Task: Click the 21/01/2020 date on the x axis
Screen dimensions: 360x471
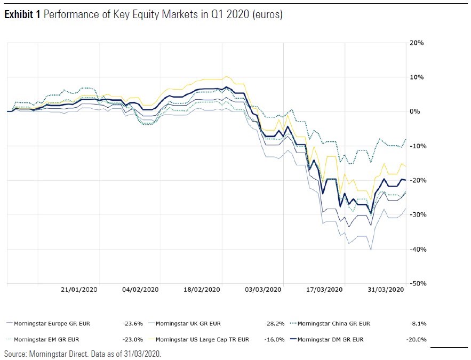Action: pyautogui.click(x=79, y=290)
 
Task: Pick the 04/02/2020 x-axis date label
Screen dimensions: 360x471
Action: pyautogui.click(x=140, y=290)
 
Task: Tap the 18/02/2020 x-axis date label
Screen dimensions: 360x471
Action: pyautogui.click(x=202, y=290)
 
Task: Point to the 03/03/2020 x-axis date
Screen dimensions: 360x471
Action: pyautogui.click(x=263, y=290)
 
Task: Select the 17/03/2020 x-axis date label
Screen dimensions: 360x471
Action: pyautogui.click(x=324, y=290)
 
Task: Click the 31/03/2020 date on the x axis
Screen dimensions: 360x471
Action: pyautogui.click(x=386, y=290)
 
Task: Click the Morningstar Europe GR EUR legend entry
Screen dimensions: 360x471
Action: pyautogui.click(x=52, y=323)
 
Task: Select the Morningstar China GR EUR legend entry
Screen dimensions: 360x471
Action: pyautogui.click(x=333, y=323)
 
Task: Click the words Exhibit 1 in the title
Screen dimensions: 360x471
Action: pyautogui.click(x=22, y=15)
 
